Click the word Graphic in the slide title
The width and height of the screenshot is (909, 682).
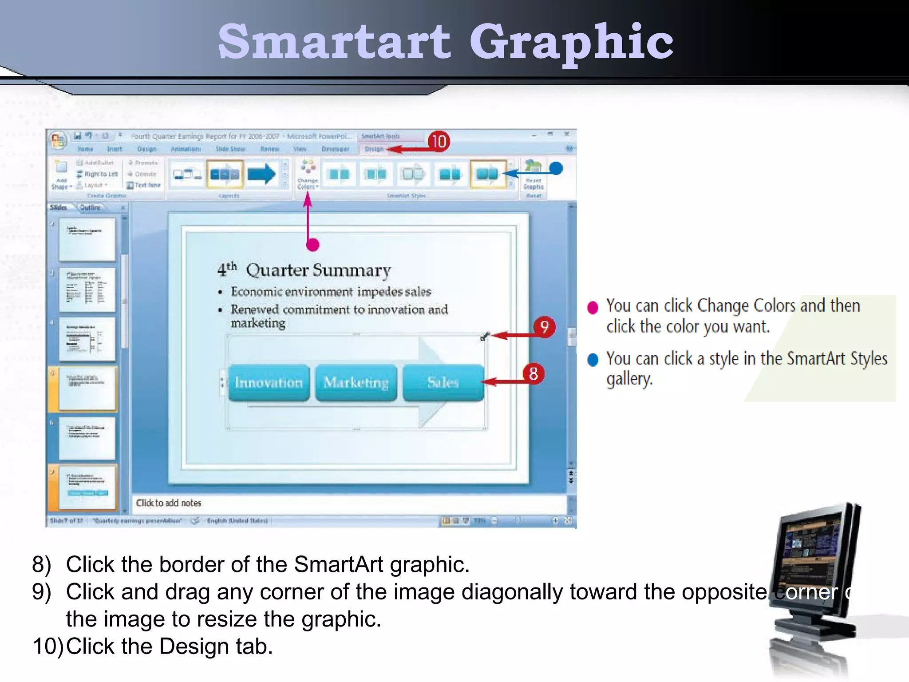(571, 42)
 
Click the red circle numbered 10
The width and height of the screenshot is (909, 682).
(439, 142)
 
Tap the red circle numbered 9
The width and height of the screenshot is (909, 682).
(544, 327)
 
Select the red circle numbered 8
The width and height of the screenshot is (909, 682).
(533, 374)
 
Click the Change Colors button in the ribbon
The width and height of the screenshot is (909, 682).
(308, 174)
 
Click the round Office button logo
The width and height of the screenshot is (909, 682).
(58, 141)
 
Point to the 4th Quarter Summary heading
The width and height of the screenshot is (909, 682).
(304, 270)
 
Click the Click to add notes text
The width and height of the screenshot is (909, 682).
(169, 503)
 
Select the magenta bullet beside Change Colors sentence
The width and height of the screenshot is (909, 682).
(593, 307)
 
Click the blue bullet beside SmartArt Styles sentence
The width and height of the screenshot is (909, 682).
(593, 360)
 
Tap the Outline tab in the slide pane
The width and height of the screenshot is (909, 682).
(90, 207)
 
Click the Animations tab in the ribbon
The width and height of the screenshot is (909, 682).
(186, 149)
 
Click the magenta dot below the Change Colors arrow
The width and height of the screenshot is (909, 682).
(313, 245)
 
